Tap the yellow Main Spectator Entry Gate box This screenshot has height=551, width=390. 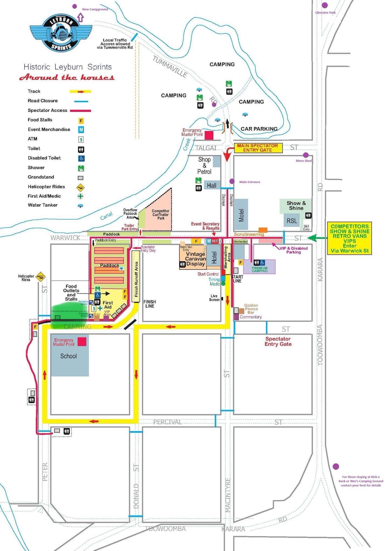(x=258, y=148)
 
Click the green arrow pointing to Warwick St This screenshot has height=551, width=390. (x=317, y=238)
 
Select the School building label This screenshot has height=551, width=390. (x=68, y=356)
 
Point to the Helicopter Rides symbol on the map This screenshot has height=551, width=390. (x=41, y=276)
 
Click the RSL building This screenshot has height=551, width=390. (x=292, y=221)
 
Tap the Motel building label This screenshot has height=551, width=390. (x=241, y=215)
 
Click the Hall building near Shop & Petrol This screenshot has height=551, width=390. (x=212, y=185)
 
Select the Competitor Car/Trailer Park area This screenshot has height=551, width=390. (x=160, y=214)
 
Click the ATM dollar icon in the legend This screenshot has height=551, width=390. (x=81, y=139)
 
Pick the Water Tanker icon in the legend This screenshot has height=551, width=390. (x=80, y=206)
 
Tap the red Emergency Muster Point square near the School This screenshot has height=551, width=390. (x=82, y=342)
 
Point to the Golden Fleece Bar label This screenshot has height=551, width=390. (x=251, y=309)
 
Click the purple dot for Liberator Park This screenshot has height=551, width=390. (x=325, y=5)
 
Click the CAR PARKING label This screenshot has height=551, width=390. (x=259, y=129)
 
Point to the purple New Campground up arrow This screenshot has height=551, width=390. (x=81, y=18)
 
